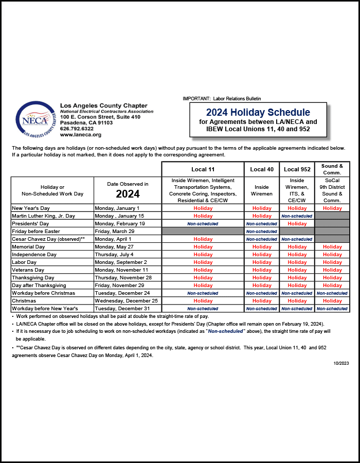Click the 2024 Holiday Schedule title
pos(258,112)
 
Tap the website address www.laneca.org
pos(80,135)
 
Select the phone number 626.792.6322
pos(77,129)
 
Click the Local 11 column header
pos(203,169)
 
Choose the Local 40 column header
pos(262,169)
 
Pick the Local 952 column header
pos(297,169)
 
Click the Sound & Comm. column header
pos(332,169)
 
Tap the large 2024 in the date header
pos(128,194)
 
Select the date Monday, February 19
pos(120,224)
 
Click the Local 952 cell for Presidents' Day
pos(297,224)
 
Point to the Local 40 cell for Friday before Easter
pos(262,232)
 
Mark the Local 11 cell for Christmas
pos(203,301)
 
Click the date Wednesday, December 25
pos(126,301)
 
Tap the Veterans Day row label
pos(28,270)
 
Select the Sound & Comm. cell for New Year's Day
pos(332,208)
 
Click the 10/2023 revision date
pos(341,363)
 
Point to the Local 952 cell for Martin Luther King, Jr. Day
pos(297,216)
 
